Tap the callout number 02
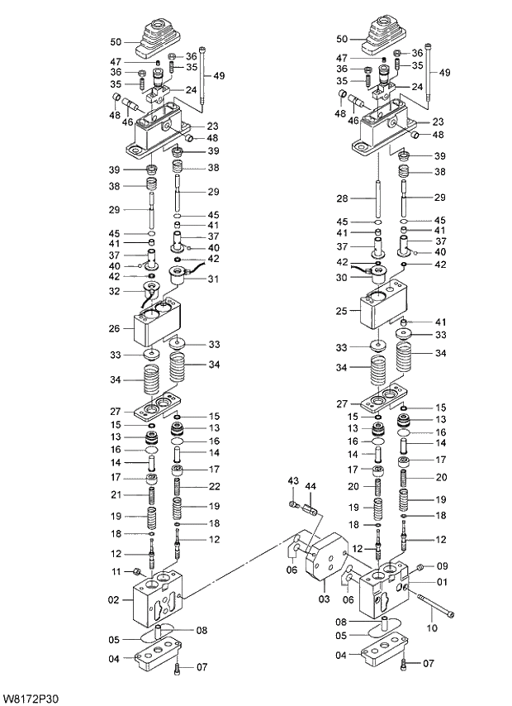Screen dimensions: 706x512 click(x=115, y=600)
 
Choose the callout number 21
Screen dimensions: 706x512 click(x=116, y=494)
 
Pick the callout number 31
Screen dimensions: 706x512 click(x=212, y=279)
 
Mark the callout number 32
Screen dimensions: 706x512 click(x=116, y=291)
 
